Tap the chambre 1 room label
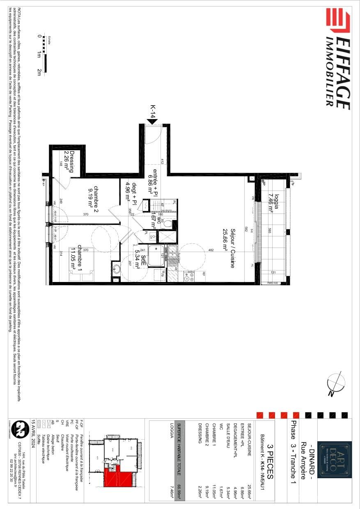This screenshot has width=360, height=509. point(76,257)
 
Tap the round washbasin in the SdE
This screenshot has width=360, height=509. point(117,269)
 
